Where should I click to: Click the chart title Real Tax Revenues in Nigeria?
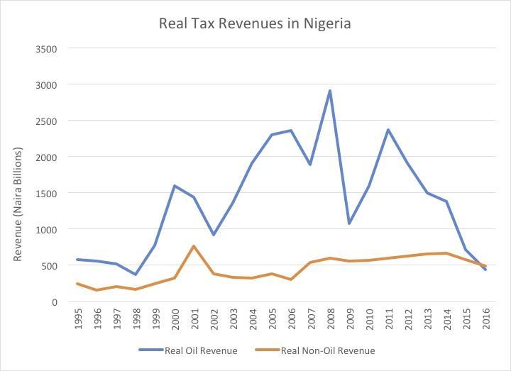pos(255,23)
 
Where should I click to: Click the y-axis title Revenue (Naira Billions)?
pos(18,204)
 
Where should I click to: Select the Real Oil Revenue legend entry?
pos(188,350)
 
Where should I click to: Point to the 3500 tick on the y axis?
pos(46,49)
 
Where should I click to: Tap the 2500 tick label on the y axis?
pos(46,121)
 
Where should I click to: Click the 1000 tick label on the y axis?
pos(46,230)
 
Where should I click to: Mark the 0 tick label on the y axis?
pos(53,302)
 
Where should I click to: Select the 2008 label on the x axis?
pos(330,320)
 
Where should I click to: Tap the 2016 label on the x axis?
pos(485,320)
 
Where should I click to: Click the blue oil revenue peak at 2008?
pos(330,91)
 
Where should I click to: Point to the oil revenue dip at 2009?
pos(349,223)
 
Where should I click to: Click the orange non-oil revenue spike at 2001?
pos(194,246)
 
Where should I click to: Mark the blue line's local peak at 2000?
pos(175,186)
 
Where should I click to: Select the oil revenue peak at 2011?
pos(388,130)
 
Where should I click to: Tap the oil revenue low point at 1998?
pos(136,275)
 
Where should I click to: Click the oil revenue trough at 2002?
pos(214,235)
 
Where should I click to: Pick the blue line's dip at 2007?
pos(310,165)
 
